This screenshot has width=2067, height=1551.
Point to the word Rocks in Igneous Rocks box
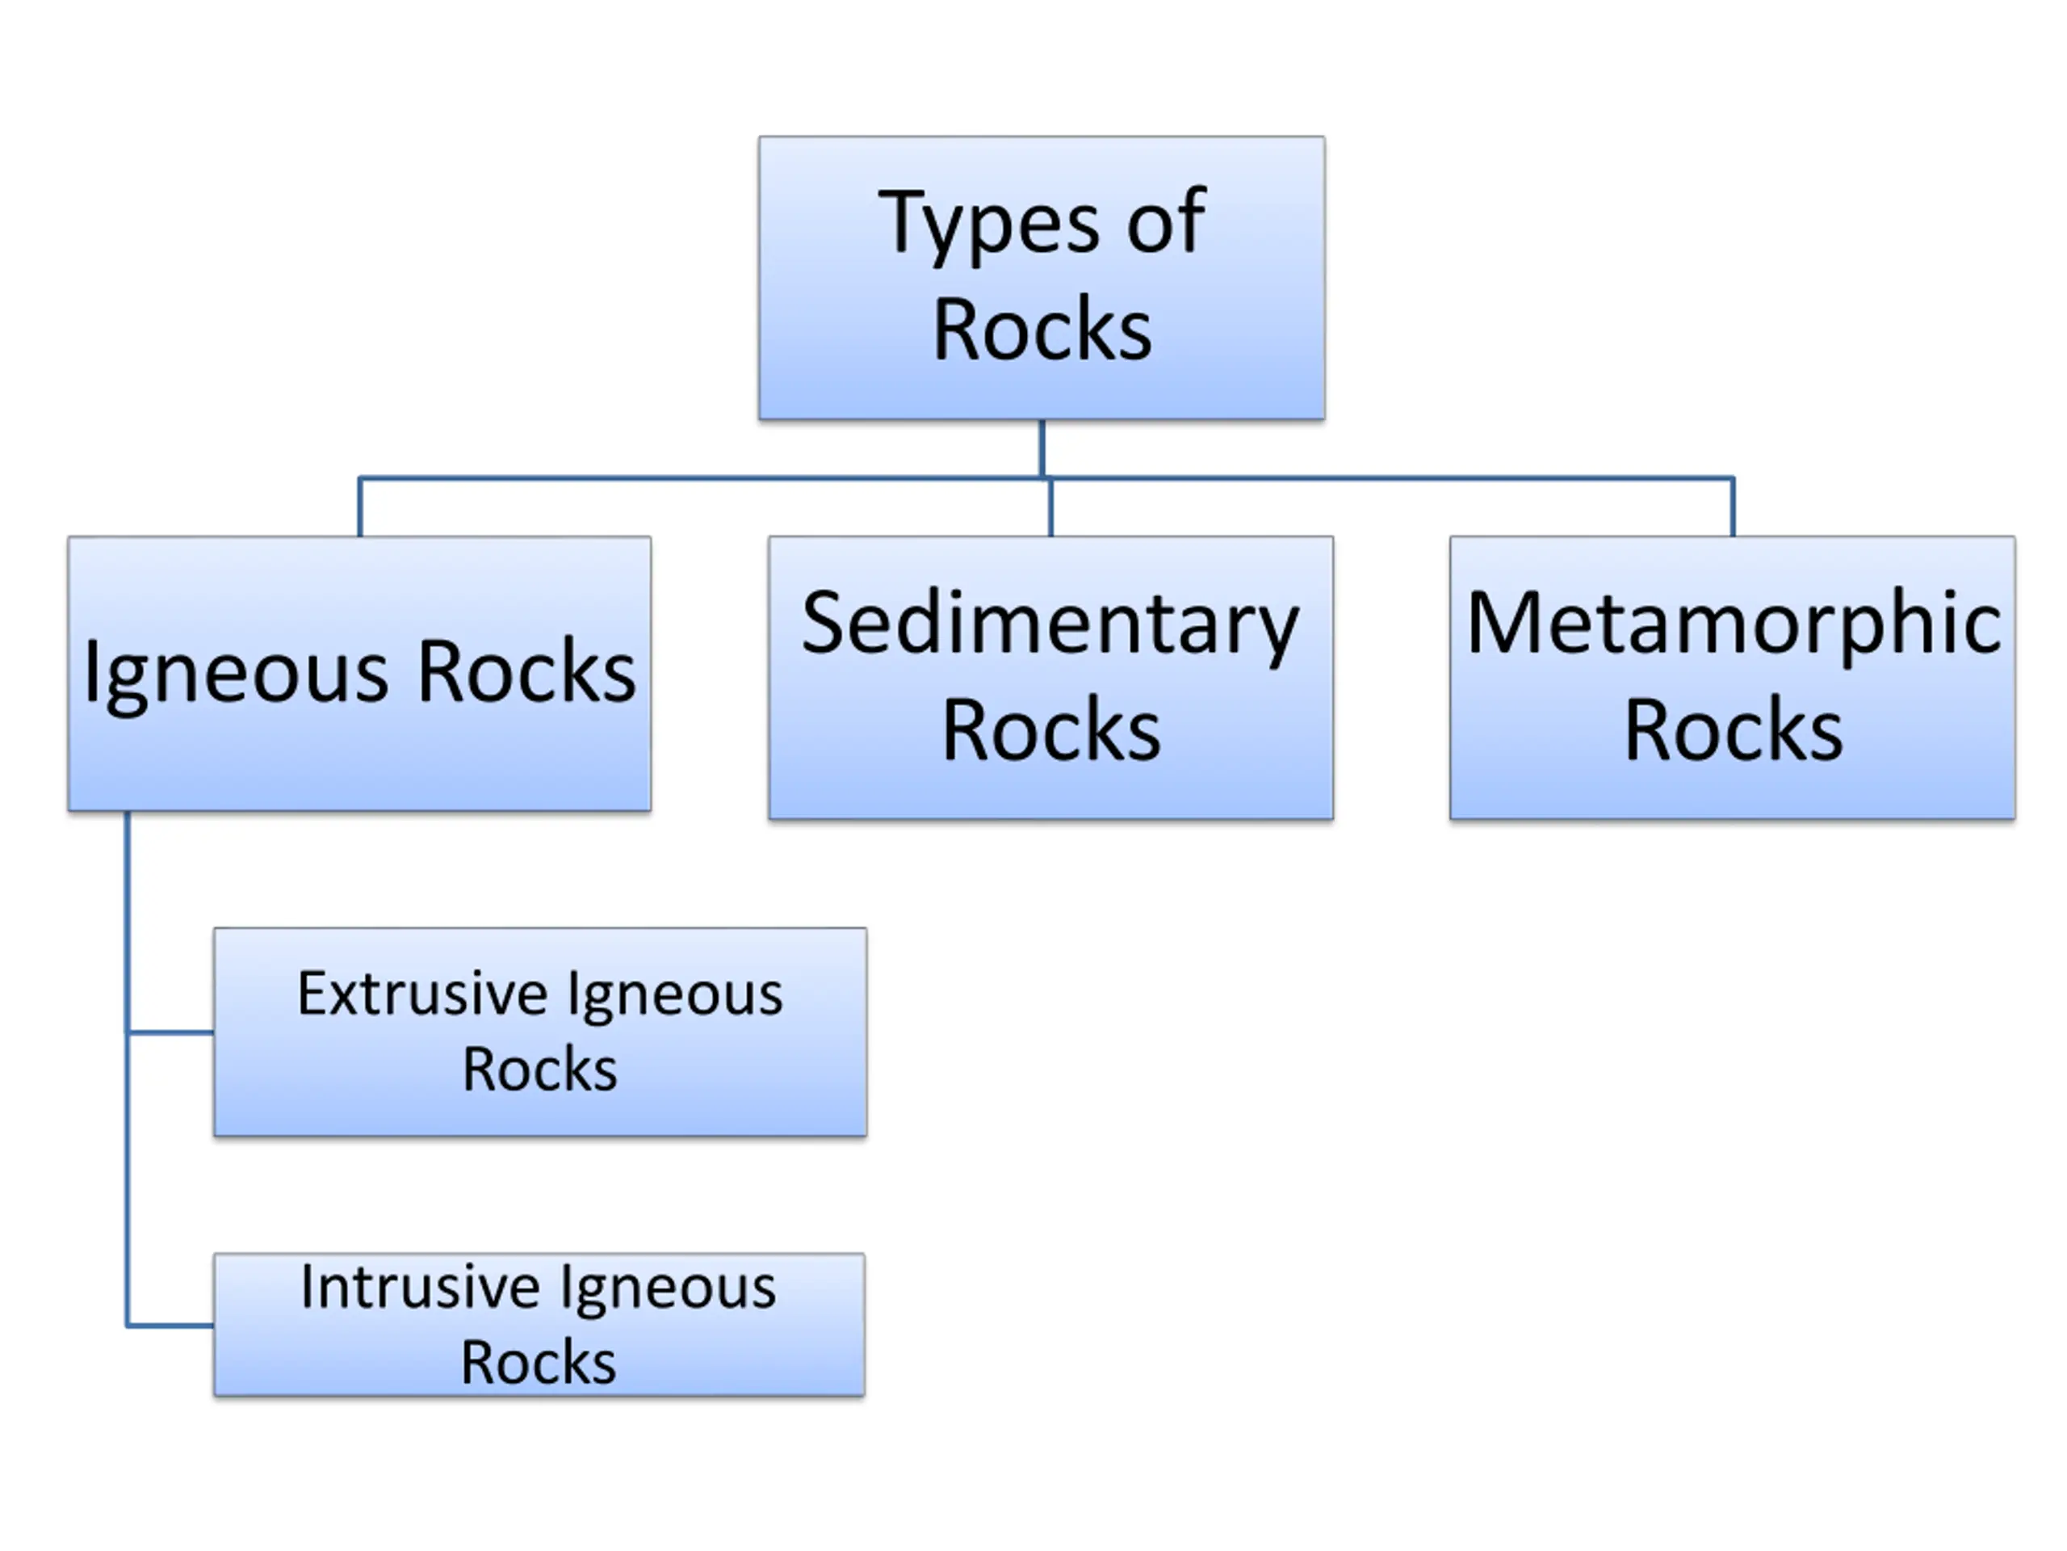(x=527, y=670)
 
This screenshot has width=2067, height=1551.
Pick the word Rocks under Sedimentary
(x=1051, y=730)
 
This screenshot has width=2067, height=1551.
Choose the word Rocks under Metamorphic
(x=1734, y=730)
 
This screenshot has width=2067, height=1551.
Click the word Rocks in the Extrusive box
(x=540, y=1069)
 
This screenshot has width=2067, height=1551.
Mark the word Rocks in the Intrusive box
(x=539, y=1361)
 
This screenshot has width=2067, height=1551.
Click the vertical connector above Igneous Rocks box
(x=360, y=507)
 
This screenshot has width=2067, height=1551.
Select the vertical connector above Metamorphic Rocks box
(x=1734, y=507)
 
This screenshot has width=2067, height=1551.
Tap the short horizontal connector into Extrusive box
(x=170, y=1032)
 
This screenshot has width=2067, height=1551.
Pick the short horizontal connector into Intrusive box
(x=170, y=1325)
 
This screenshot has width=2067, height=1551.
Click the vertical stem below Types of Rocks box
(x=1042, y=449)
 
